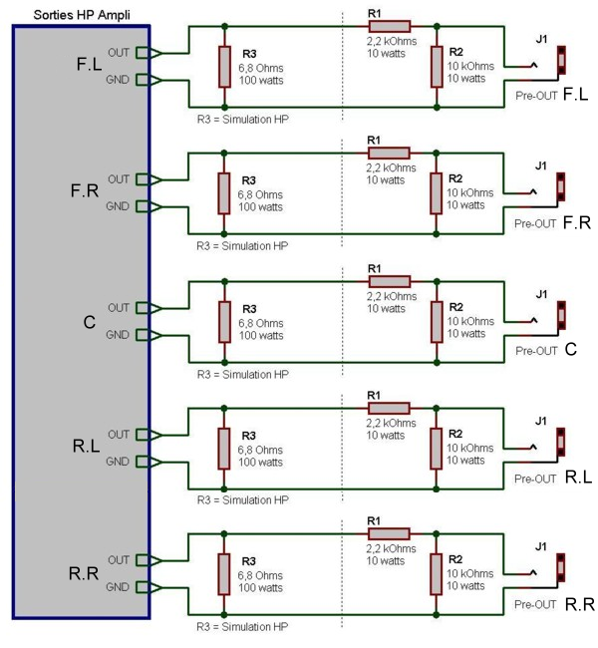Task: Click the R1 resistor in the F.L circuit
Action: coord(389,26)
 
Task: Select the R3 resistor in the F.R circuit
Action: coord(225,192)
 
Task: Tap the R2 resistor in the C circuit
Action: coord(437,321)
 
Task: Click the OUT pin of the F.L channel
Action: coord(147,52)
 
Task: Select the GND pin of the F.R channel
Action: coord(147,206)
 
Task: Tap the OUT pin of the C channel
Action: coord(147,307)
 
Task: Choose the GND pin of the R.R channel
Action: coord(147,586)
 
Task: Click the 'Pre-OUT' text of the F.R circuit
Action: coord(535,224)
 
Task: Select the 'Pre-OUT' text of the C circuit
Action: coord(535,351)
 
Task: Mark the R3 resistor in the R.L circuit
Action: coord(225,448)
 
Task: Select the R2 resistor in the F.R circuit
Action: coord(437,192)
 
